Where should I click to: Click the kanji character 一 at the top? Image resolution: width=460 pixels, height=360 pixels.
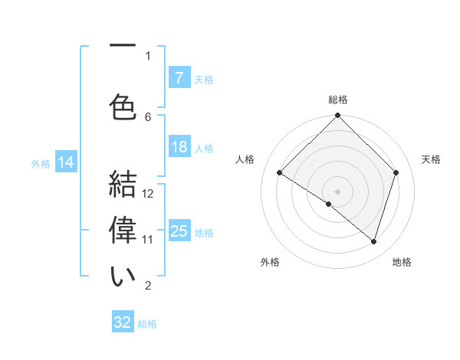point(123,47)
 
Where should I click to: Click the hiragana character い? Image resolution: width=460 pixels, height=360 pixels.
point(123,277)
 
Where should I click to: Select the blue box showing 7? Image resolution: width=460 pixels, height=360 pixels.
point(179,78)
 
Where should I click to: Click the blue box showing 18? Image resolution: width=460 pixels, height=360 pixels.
point(179,147)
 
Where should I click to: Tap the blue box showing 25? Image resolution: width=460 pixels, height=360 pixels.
point(179,231)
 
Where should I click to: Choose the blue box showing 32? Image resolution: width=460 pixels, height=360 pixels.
point(123,322)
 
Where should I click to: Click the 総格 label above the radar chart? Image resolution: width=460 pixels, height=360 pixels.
point(338,100)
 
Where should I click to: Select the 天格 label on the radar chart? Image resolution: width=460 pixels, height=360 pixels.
point(432,159)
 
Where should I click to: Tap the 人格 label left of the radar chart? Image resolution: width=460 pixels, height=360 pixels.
point(245,159)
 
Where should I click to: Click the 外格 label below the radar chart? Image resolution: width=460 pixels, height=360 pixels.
point(270,262)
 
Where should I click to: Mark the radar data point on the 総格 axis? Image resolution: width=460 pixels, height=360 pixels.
point(337,116)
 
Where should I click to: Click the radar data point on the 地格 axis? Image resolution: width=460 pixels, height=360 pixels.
point(373,241)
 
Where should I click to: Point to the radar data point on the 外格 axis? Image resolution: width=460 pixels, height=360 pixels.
point(329,204)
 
